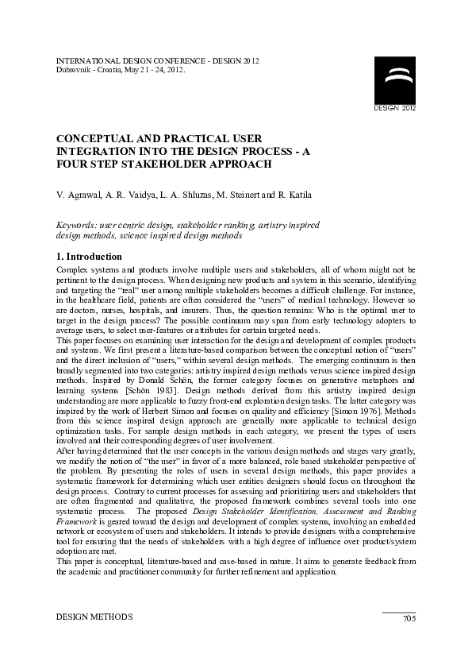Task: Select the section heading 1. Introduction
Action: point(89,257)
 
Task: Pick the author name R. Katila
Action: point(294,195)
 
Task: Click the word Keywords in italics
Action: point(75,225)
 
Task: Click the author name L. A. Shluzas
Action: point(182,195)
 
